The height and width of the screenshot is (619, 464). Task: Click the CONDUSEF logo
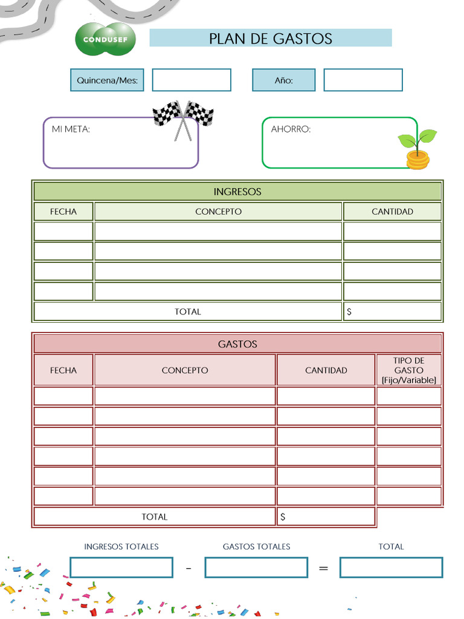105,39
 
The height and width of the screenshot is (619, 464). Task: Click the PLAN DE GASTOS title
270,39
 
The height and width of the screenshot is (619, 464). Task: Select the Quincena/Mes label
107,80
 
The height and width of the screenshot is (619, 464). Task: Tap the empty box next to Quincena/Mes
191,80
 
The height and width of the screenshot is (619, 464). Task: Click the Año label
283,80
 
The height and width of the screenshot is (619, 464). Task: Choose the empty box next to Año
362,80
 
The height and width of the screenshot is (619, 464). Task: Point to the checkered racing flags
183,117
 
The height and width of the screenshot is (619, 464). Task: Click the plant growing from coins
417,149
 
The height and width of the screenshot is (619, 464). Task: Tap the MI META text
71,129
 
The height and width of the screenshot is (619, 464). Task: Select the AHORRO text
291,129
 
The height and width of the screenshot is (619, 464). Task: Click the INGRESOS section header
237,192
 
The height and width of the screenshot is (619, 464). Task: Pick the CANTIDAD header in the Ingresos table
392,212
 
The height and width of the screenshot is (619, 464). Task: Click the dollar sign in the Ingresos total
349,312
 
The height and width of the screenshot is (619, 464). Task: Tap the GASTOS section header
237,344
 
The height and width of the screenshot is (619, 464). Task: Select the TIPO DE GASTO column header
408,370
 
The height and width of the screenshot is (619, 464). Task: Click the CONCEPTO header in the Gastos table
185,370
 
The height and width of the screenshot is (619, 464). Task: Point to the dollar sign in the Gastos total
283,517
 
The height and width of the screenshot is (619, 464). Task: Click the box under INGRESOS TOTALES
121,568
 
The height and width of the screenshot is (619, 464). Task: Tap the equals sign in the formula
323,568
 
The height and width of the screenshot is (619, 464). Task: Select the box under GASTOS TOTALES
256,568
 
